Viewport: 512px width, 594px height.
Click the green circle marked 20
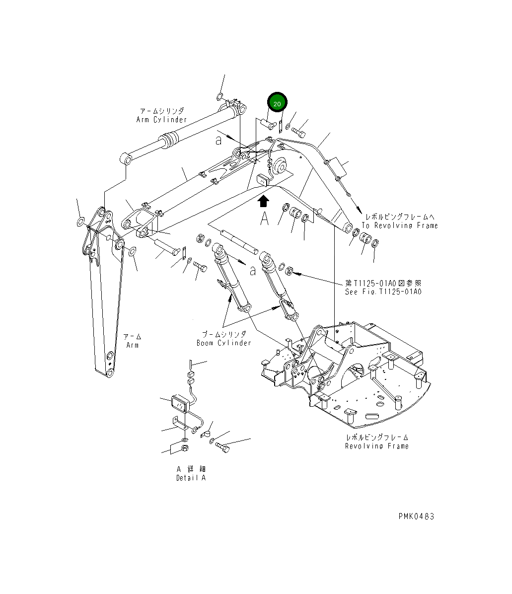coord(277,103)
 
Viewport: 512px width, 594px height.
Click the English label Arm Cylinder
coord(161,120)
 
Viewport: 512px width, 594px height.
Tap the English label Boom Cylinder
coord(223,343)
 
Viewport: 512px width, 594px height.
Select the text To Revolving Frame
coord(399,225)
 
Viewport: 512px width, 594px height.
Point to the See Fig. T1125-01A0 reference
coord(383,292)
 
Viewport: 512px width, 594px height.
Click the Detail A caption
coord(191,478)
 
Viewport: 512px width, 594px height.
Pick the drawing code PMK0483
coord(416,516)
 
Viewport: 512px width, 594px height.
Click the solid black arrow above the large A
coord(263,201)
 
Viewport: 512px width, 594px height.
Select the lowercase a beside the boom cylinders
coord(253,271)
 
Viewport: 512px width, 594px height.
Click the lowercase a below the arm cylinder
coord(218,141)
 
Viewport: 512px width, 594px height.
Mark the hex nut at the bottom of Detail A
coord(184,449)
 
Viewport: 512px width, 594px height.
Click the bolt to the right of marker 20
coord(299,132)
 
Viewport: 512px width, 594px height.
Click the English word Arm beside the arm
coord(132,345)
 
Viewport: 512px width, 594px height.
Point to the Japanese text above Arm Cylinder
coord(161,111)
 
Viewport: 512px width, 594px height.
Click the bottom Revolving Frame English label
coord(377,446)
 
